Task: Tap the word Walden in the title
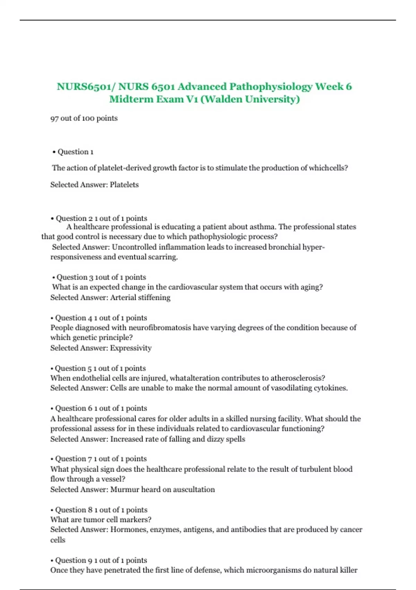pyautogui.click(x=223, y=99)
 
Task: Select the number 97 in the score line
pyautogui.click(x=54, y=118)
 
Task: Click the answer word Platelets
pyautogui.click(x=124, y=185)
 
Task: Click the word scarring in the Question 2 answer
pyautogui.click(x=163, y=257)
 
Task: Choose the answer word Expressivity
pyautogui.click(x=131, y=348)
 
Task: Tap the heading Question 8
pyautogui.click(x=73, y=510)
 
